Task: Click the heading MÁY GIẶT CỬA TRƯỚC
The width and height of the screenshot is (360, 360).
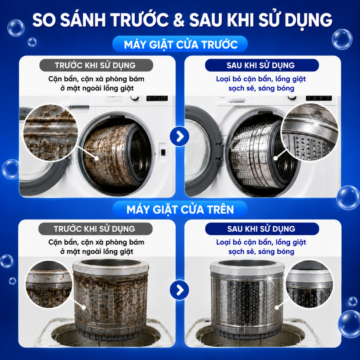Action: click(x=181, y=44)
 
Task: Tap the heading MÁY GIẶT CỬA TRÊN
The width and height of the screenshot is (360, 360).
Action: click(x=180, y=210)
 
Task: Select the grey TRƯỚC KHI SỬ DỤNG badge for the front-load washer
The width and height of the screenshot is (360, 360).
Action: click(x=96, y=65)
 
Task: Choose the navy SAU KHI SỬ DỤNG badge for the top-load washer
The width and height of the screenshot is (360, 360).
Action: click(x=262, y=229)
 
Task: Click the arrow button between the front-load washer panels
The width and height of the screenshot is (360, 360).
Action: click(x=180, y=136)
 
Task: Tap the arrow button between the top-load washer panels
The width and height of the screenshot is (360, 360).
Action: click(x=180, y=290)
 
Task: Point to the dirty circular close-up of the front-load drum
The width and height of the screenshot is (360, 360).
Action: click(x=50, y=133)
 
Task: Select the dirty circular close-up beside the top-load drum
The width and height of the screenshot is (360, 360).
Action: click(x=48, y=284)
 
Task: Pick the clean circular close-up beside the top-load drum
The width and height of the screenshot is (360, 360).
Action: click(x=309, y=284)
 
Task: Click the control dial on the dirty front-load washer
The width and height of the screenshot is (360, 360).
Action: click(x=135, y=98)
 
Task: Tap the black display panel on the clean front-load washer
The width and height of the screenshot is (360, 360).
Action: click(x=319, y=98)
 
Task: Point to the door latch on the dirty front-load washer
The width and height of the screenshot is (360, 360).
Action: click(x=163, y=152)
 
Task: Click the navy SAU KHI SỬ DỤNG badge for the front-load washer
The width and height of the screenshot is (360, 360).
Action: click(x=262, y=65)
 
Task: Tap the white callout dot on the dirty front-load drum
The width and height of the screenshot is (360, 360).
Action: click(x=97, y=159)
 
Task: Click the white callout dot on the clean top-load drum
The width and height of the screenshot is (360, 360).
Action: click(x=277, y=308)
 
